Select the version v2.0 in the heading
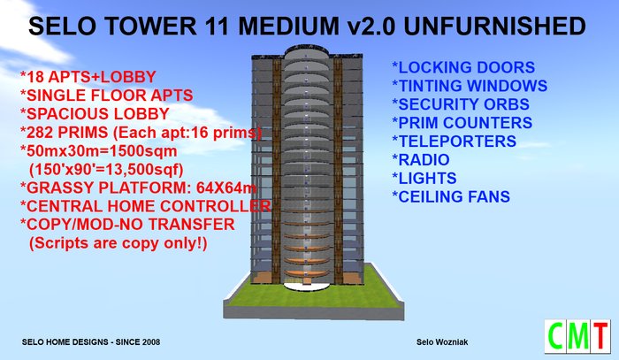(x=371, y=27)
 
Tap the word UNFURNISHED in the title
(x=494, y=27)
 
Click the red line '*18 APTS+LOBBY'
(x=88, y=77)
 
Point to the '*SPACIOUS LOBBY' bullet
(x=95, y=114)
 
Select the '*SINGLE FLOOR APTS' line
(x=107, y=96)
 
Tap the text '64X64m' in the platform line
(x=226, y=188)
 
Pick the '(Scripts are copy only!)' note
(x=118, y=243)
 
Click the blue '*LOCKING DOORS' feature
(x=463, y=67)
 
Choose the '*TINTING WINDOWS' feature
(x=470, y=86)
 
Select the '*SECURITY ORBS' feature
(x=461, y=104)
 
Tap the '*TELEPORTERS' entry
(x=454, y=142)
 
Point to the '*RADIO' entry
(x=420, y=160)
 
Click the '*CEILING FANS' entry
(x=451, y=196)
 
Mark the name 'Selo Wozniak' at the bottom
(x=442, y=342)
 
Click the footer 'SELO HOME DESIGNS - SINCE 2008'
(x=91, y=341)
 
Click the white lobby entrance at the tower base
(x=306, y=287)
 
